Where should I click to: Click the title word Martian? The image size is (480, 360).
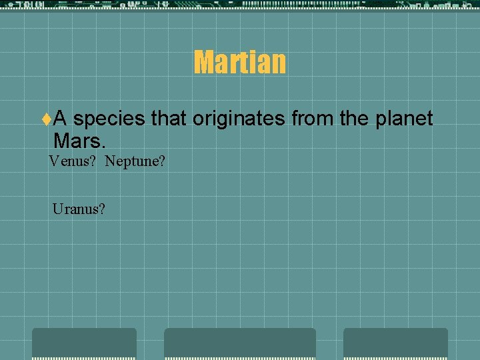240,63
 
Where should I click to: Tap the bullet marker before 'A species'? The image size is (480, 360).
46,119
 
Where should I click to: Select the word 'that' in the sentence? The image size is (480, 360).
169,119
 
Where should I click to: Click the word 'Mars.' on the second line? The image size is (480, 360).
79,141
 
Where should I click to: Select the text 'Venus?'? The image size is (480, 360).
73,161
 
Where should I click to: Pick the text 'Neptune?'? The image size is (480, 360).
135,161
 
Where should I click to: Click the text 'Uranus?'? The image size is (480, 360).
79,209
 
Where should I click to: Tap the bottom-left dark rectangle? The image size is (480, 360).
84,343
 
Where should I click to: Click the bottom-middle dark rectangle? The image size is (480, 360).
240,343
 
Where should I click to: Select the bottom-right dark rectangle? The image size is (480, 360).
395,343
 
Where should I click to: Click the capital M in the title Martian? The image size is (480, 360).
203,63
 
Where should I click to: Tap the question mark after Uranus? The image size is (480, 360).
101,209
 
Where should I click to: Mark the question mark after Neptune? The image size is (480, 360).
161,161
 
